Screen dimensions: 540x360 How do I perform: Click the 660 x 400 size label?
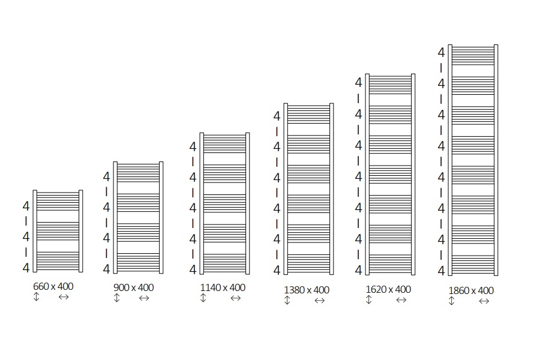point(53,286)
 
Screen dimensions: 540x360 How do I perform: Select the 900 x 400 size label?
point(133,287)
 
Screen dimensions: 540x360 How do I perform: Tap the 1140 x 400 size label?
point(223,287)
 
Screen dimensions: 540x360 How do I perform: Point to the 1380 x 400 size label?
point(307,290)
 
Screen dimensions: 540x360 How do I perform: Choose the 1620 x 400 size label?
point(388,289)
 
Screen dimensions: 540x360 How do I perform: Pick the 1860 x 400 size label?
point(471,291)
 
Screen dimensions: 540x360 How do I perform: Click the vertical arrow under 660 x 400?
point(37,296)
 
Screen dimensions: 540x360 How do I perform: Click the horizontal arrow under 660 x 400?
point(64,297)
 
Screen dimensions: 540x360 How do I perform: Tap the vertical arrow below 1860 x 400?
point(451,301)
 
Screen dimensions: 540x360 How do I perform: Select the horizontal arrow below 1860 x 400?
point(484,301)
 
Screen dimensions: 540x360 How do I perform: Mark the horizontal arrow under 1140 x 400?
point(236,298)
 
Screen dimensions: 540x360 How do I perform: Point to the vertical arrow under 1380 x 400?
point(287,301)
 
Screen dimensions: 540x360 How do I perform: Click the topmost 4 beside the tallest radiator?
point(441,53)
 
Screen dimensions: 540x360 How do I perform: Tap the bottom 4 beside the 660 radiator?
point(26,268)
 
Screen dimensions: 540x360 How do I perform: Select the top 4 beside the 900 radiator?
point(106,177)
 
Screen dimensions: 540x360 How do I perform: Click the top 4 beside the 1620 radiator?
point(359,83)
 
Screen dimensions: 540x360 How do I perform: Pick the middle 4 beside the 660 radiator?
point(26,236)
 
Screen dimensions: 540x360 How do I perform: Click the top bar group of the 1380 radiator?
point(308,115)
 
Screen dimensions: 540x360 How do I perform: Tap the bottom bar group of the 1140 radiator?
point(224,263)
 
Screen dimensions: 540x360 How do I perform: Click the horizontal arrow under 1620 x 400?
point(401,300)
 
